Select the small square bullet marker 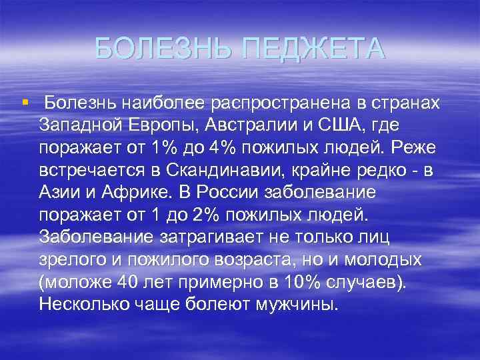click(24, 103)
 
